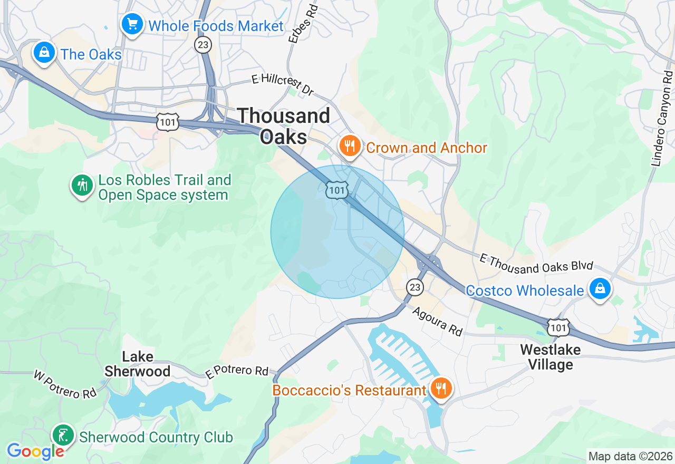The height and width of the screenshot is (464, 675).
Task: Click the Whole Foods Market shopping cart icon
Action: pos(132,24)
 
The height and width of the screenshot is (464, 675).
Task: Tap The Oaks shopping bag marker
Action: pos(45,53)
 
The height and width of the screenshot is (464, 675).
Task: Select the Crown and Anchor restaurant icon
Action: pos(350,146)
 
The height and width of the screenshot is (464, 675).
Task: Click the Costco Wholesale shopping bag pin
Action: pos(600,289)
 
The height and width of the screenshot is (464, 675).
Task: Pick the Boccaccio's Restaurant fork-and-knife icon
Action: pos(439,389)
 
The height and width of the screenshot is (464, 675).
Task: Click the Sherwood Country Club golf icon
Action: pos(64,436)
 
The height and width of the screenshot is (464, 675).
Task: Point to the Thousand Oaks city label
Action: pos(284,126)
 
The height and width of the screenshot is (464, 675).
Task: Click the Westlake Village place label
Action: pos(550,357)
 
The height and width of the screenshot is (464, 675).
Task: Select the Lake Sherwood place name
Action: pos(137,364)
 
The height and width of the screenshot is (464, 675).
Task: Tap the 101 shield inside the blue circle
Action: pos(336,190)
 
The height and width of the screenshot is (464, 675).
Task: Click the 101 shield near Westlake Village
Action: pos(558,327)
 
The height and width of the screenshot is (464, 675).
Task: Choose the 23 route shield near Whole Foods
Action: pos(203,45)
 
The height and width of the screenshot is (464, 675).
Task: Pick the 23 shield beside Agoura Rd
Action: pos(415,287)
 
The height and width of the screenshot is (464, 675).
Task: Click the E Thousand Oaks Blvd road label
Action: pos(536,263)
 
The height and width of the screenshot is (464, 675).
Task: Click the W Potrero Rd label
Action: pos(65,384)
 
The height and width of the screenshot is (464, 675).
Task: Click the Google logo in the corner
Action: pos(35,451)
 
